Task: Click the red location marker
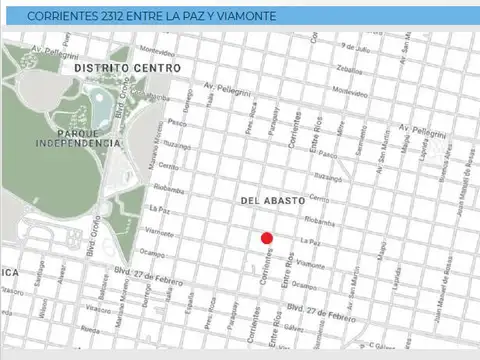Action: coord(267,238)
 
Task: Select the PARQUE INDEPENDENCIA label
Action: coord(77,138)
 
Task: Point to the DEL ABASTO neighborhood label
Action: coord(272,201)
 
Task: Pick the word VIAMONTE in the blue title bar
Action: coord(248,17)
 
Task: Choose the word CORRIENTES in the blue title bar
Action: coord(62,17)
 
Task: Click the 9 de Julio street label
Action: coord(354,46)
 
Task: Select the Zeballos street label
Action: coord(350,69)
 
